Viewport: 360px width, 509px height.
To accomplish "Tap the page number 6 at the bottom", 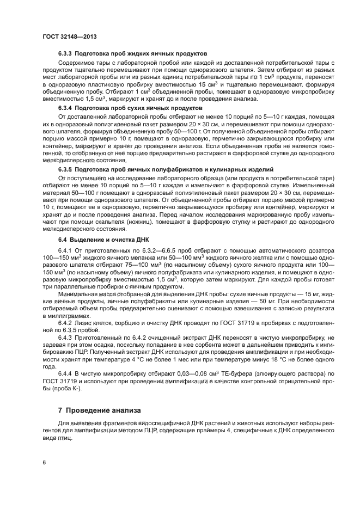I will pos(44,462).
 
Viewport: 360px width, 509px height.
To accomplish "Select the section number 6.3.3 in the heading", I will pos(66,54).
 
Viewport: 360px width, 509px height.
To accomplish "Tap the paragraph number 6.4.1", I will pos(66,249).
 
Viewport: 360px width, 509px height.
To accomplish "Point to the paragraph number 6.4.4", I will pos(66,373).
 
